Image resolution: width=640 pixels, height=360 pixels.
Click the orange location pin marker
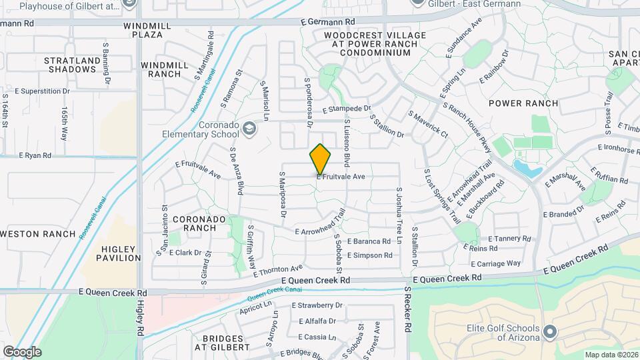click(320, 159)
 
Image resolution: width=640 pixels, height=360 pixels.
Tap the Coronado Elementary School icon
click(249, 128)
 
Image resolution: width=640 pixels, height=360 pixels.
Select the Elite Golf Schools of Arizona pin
click(549, 331)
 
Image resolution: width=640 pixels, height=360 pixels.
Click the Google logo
click(22, 352)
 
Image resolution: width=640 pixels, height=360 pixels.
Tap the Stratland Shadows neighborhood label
click(71, 65)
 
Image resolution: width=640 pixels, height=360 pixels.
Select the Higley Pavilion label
click(121, 253)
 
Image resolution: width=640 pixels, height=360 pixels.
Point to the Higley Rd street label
click(141, 317)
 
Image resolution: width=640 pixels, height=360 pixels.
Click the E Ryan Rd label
click(35, 155)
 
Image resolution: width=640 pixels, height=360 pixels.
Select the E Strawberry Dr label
click(317, 305)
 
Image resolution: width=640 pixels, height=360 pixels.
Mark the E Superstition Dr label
click(42, 91)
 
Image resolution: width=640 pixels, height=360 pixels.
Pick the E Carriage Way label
click(495, 263)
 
